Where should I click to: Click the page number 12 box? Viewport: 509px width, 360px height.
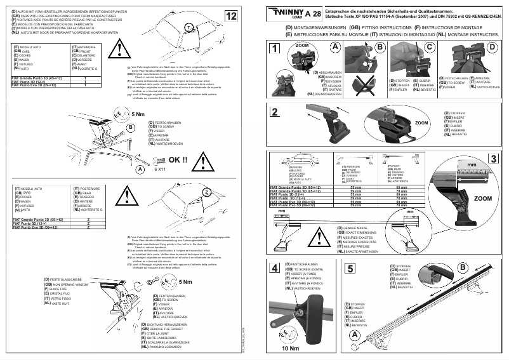[232, 16]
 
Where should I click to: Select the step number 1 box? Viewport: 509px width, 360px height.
[274, 49]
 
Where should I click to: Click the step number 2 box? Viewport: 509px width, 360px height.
[274, 112]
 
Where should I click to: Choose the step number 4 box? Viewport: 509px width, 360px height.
[274, 268]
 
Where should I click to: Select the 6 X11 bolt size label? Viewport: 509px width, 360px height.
[161, 170]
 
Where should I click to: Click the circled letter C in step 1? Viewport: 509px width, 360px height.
[431, 47]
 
